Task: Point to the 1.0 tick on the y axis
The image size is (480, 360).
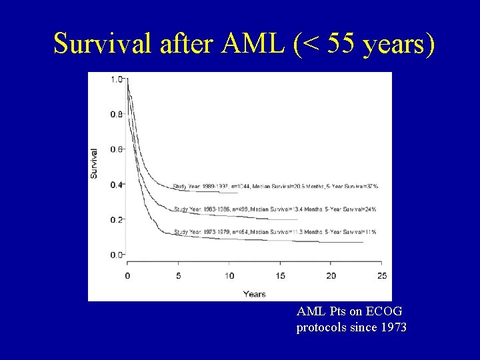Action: coord(116,79)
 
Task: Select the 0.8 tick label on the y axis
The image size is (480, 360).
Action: coord(116,115)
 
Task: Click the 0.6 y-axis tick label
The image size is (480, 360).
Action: coord(116,149)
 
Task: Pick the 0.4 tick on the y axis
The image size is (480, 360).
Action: coord(116,185)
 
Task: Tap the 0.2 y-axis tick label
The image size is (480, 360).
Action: coord(116,219)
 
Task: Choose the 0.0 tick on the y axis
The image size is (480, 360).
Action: coord(116,255)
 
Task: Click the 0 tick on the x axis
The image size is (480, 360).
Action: coord(127,276)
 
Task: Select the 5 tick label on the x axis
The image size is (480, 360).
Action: coord(179,276)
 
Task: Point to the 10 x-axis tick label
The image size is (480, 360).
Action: coord(229,276)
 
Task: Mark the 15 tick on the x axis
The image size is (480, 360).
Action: coord(280,276)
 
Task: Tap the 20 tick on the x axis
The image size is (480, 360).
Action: coord(331,276)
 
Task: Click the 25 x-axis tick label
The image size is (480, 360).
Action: coord(382,276)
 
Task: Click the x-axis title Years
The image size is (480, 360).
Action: coord(254,294)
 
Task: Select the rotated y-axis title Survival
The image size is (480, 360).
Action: coord(94,163)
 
